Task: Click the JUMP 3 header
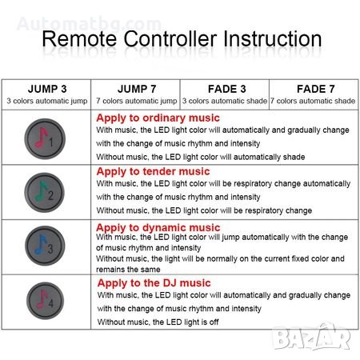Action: (47, 89)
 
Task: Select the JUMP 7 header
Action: (137, 89)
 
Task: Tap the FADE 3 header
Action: (227, 89)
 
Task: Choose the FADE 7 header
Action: (316, 89)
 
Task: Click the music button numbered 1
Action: (45, 138)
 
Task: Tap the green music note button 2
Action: (44, 192)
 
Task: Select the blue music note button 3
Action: (45, 246)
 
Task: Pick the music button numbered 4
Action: (45, 301)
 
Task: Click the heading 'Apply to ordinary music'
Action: (158, 118)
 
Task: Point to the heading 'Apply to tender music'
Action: (153, 171)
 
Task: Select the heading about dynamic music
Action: (158, 227)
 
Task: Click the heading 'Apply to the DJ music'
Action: (154, 283)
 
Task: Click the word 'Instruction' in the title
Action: (273, 39)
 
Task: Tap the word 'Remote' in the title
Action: (79, 39)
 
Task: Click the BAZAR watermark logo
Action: (312, 337)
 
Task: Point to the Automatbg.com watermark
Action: (89, 24)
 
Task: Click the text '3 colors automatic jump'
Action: (47, 101)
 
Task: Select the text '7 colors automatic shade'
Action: (313, 101)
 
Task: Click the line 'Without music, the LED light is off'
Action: (158, 322)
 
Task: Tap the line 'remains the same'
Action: (128, 270)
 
